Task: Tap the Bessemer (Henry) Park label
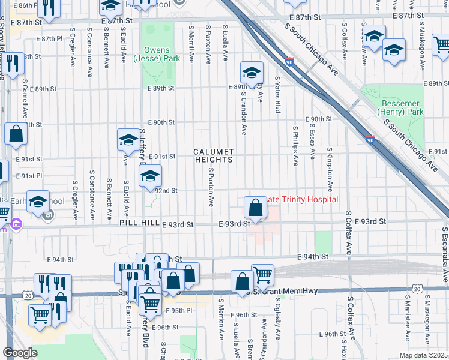tap(401, 107)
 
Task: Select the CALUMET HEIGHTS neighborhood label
tap(213, 156)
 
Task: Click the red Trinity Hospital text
tap(303, 199)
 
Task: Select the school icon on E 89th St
tap(252, 74)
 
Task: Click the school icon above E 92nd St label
tap(150, 177)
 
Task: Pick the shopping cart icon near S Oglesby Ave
tap(263, 275)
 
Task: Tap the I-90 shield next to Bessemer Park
tap(371, 139)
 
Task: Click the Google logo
tap(20, 353)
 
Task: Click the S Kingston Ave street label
tap(330, 164)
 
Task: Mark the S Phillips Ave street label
tap(295, 145)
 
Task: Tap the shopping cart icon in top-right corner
tap(442, 43)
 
